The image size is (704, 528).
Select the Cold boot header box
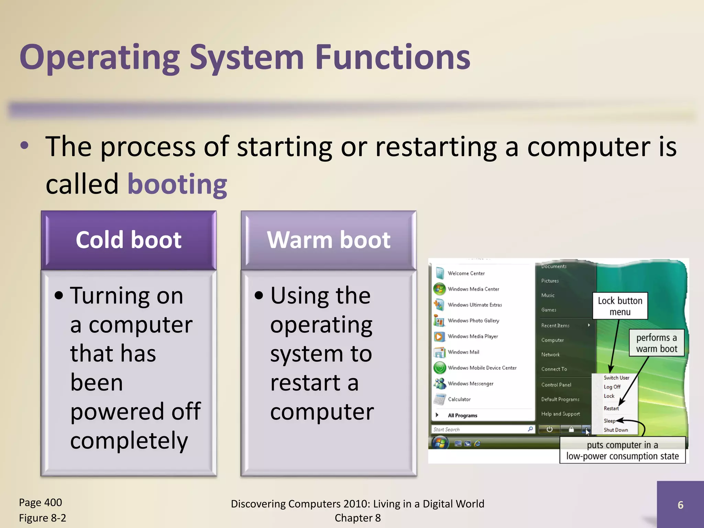click(x=129, y=240)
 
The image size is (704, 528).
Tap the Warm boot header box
click(x=329, y=240)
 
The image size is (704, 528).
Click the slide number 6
click(x=680, y=505)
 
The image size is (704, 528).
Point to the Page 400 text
click(x=41, y=503)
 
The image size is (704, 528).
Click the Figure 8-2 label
click(x=43, y=518)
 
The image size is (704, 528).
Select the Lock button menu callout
click(x=620, y=306)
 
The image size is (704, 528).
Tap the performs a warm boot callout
click(x=656, y=343)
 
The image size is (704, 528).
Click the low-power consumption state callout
click(x=622, y=450)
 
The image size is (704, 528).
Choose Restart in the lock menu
click(x=611, y=408)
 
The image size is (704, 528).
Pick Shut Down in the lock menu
click(x=616, y=430)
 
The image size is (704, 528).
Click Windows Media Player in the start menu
click(x=473, y=336)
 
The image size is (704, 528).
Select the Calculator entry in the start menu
click(x=459, y=399)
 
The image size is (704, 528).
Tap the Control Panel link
click(x=556, y=385)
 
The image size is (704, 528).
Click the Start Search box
click(x=480, y=429)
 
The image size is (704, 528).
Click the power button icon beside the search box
click(x=549, y=429)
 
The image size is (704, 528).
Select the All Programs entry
click(x=462, y=415)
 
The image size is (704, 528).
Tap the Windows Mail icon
click(x=439, y=352)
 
